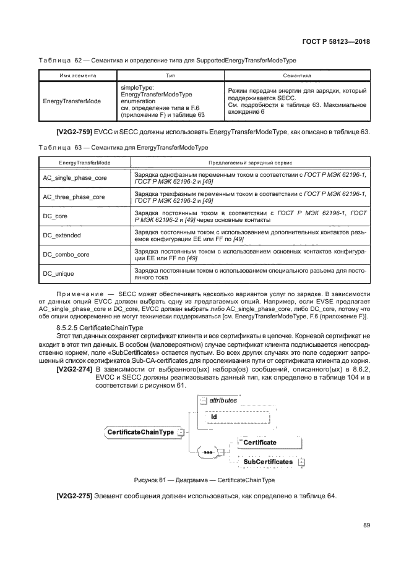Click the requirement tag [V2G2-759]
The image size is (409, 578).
click(75, 134)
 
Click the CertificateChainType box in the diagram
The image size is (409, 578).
click(141, 431)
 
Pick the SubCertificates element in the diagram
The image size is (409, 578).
click(267, 462)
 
